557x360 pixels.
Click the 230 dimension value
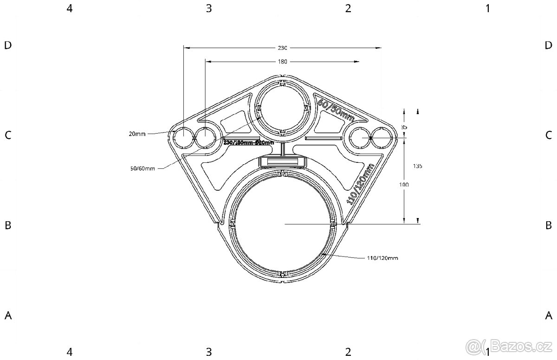click(x=283, y=48)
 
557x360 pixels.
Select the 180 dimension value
click(x=283, y=61)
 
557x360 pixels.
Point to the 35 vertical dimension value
click(x=404, y=127)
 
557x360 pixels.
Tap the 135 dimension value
click(x=417, y=166)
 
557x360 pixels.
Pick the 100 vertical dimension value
click(x=404, y=184)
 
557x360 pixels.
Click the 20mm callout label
click(x=138, y=134)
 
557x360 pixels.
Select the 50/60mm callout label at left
click(x=142, y=168)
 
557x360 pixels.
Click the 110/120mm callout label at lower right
click(x=382, y=257)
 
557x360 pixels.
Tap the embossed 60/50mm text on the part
click(x=335, y=111)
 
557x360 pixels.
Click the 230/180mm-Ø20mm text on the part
click(x=248, y=143)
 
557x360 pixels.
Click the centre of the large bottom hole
click(x=282, y=224)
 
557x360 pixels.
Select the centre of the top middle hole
click(x=282, y=107)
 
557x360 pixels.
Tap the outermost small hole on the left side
click(x=183, y=138)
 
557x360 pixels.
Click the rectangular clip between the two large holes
click(x=282, y=161)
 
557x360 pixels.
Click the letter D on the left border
click(x=7, y=45)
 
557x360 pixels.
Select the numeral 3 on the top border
click(x=209, y=8)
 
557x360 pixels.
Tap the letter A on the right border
click(x=548, y=315)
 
